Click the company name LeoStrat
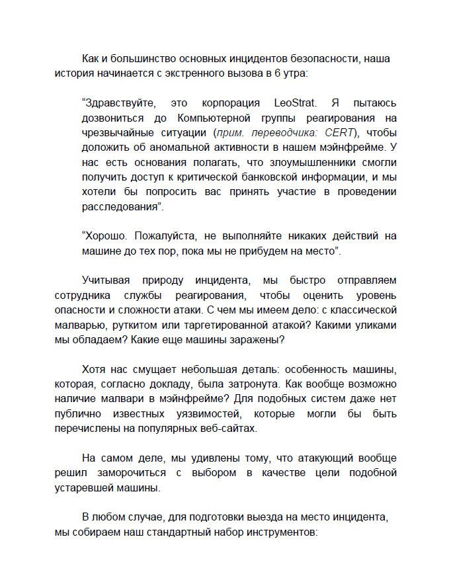(297, 103)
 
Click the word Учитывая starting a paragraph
(106, 280)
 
